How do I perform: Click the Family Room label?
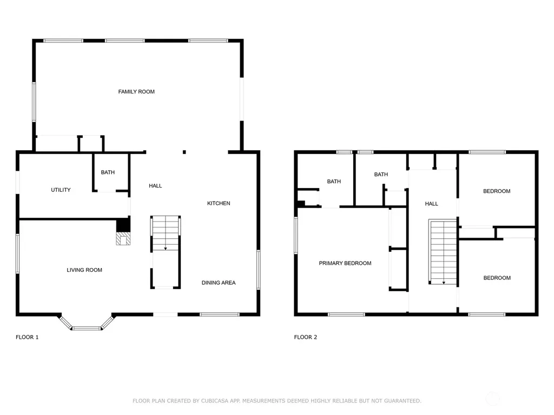click(x=136, y=92)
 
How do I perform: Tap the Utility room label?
click(x=61, y=190)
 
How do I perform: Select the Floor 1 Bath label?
click(x=108, y=172)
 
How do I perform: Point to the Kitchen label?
click(x=219, y=203)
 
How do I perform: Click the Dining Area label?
click(x=219, y=283)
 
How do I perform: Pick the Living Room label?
click(x=84, y=270)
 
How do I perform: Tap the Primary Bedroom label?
click(x=345, y=263)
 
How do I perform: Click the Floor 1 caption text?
click(x=27, y=337)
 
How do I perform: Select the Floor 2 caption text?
click(x=306, y=337)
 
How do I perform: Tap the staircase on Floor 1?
click(x=166, y=233)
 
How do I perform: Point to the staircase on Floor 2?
click(x=443, y=252)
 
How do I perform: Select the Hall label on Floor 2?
click(x=431, y=204)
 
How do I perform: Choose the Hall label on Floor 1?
click(x=155, y=186)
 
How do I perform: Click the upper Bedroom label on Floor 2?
click(x=497, y=191)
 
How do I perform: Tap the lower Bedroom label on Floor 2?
click(x=497, y=278)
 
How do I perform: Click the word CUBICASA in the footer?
click(x=214, y=401)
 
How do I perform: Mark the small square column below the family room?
click(x=184, y=152)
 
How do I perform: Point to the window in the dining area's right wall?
click(x=258, y=270)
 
